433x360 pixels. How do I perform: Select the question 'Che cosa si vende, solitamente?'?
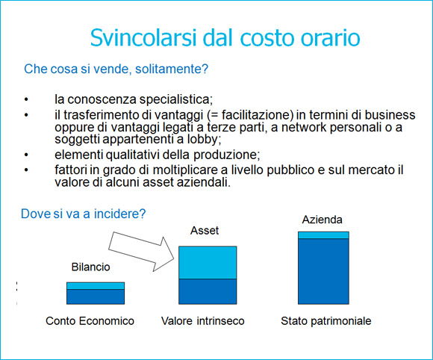pyautogui.click(x=116, y=69)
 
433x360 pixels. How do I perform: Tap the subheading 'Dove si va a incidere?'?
pyautogui.click(x=84, y=213)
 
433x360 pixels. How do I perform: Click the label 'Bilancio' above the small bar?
pyautogui.click(x=90, y=267)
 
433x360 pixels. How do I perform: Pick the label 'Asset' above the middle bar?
pyautogui.click(x=205, y=231)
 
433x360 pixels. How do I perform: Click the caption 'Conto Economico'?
pyautogui.click(x=90, y=321)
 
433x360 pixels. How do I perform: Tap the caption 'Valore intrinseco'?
pyautogui.click(x=202, y=321)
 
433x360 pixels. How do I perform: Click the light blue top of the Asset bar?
pyautogui.click(x=208, y=262)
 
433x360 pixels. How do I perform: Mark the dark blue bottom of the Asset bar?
pyautogui.click(x=208, y=291)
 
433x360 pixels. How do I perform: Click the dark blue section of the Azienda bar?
pyautogui.click(x=323, y=271)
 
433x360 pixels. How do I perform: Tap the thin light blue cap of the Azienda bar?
pyautogui.click(x=323, y=235)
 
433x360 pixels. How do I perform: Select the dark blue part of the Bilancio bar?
pyautogui.click(x=96, y=297)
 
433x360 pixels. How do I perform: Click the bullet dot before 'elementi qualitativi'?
pyautogui.click(x=27, y=155)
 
